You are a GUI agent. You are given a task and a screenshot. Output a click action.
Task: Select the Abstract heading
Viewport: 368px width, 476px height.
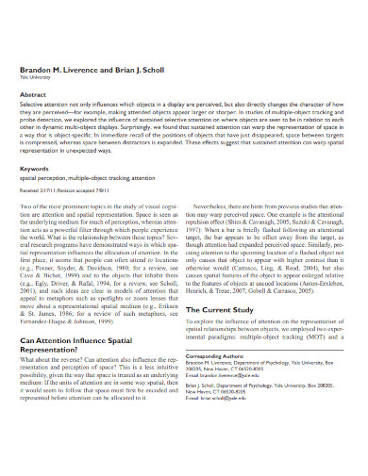coord(33,94)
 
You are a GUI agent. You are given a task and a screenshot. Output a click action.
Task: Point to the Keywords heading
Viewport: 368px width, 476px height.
coord(35,170)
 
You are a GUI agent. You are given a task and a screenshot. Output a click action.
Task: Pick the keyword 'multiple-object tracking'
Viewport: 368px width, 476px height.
coord(97,178)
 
